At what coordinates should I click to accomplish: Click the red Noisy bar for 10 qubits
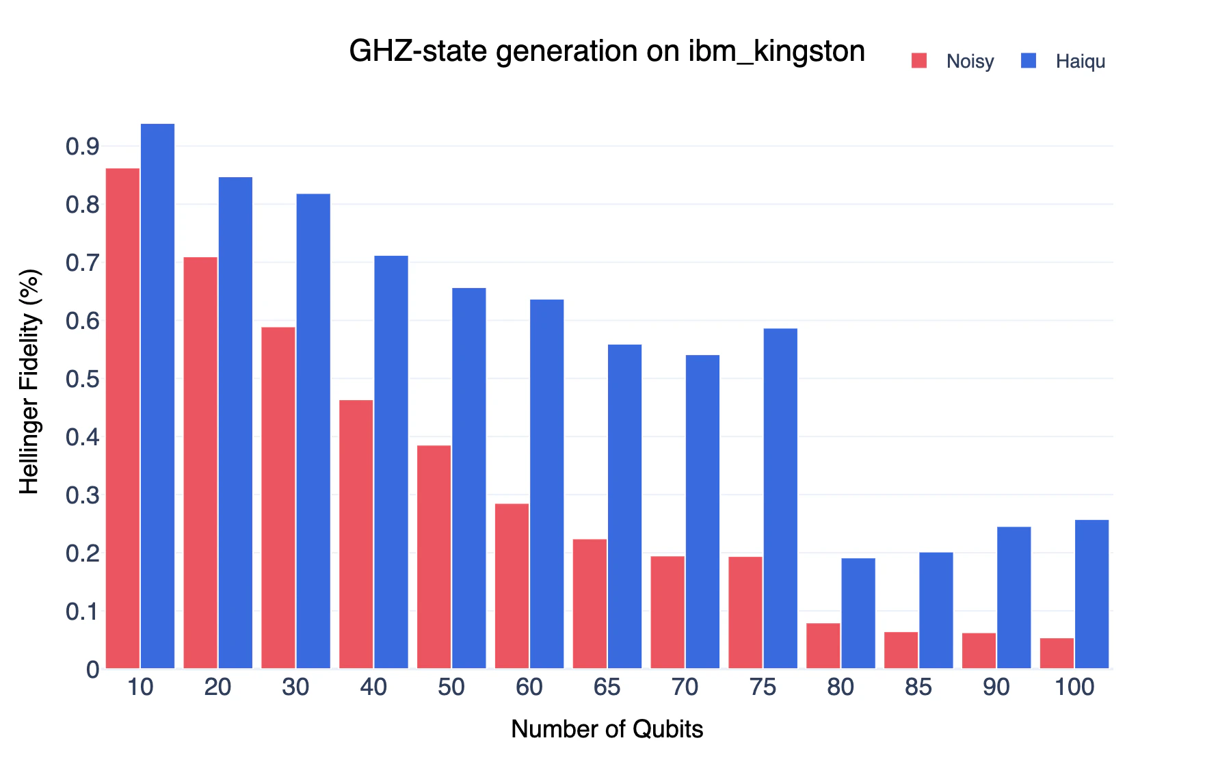[x=122, y=418]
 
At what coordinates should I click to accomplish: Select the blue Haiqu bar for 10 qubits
[x=158, y=396]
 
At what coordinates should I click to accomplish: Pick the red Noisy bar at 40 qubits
[x=356, y=534]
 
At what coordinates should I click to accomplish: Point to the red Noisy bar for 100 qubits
[x=1057, y=653]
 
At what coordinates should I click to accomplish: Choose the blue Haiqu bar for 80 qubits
[x=858, y=613]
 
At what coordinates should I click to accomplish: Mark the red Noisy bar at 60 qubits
[x=512, y=586]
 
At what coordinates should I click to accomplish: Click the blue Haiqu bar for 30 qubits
[x=313, y=431]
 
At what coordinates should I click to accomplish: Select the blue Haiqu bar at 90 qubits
[x=1014, y=597]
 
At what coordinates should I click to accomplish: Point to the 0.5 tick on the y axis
[x=83, y=379]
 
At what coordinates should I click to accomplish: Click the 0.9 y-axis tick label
[x=83, y=146]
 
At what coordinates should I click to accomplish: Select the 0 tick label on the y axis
[x=93, y=670]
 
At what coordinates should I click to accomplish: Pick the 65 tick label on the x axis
[x=607, y=687]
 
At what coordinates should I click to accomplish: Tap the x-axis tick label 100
[x=1074, y=687]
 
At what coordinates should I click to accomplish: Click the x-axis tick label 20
[x=217, y=687]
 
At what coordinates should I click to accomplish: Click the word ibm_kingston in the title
[x=776, y=51]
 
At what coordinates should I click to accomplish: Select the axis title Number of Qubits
[x=607, y=729]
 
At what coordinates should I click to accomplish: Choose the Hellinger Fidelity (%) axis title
[x=29, y=382]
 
